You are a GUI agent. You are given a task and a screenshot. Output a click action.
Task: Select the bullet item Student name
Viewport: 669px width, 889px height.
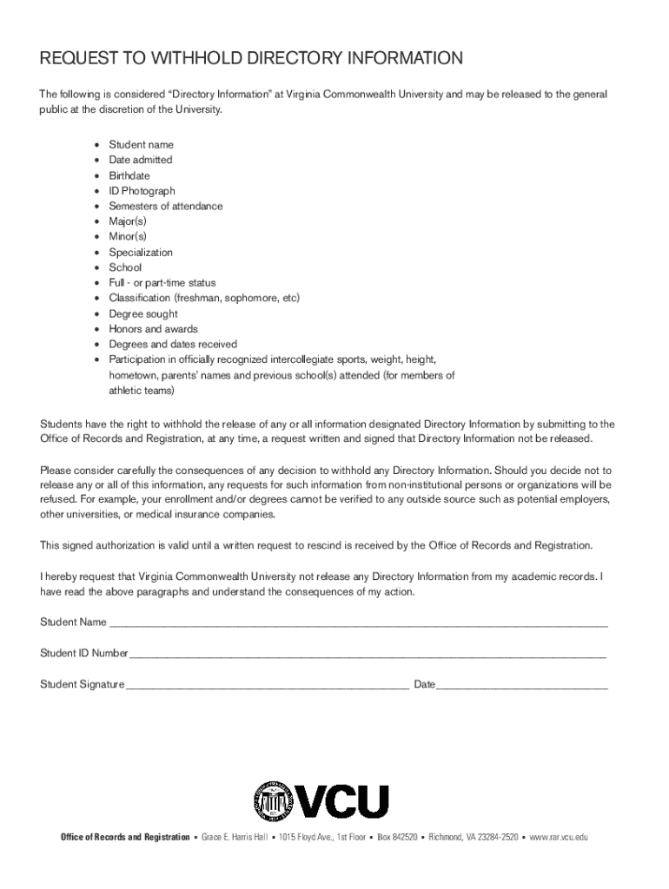click(141, 145)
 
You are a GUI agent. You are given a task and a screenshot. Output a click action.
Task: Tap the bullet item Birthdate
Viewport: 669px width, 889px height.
click(129, 175)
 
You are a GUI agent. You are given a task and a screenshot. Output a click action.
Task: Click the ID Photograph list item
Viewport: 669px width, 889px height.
click(142, 191)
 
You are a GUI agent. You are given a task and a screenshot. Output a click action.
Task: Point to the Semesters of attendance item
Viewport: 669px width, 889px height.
click(165, 207)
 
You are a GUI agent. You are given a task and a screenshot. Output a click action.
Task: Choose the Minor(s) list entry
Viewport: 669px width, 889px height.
click(128, 237)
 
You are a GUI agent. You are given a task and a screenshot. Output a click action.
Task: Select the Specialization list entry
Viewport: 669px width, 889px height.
click(141, 253)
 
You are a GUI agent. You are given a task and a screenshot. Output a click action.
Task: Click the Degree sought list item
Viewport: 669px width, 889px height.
click(143, 314)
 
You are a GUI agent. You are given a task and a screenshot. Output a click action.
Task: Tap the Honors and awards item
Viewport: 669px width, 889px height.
click(153, 329)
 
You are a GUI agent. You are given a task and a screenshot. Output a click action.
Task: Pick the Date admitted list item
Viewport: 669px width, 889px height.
click(141, 160)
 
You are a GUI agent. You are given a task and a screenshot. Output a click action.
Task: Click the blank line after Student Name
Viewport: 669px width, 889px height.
click(358, 622)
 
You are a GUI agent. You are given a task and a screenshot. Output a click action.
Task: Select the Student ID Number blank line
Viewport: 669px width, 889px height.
click(368, 653)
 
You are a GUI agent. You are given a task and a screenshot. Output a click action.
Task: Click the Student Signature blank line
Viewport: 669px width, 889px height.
click(268, 684)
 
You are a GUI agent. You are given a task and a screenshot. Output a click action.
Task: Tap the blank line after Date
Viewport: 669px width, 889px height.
click(521, 684)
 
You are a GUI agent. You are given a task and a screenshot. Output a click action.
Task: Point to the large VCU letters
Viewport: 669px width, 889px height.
click(344, 801)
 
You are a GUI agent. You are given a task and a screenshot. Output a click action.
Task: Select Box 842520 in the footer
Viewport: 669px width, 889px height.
click(397, 837)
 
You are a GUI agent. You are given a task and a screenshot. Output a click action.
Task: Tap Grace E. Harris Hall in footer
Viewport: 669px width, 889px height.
click(235, 837)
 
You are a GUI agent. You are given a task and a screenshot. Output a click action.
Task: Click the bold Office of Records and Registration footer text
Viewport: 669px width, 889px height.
click(125, 837)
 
